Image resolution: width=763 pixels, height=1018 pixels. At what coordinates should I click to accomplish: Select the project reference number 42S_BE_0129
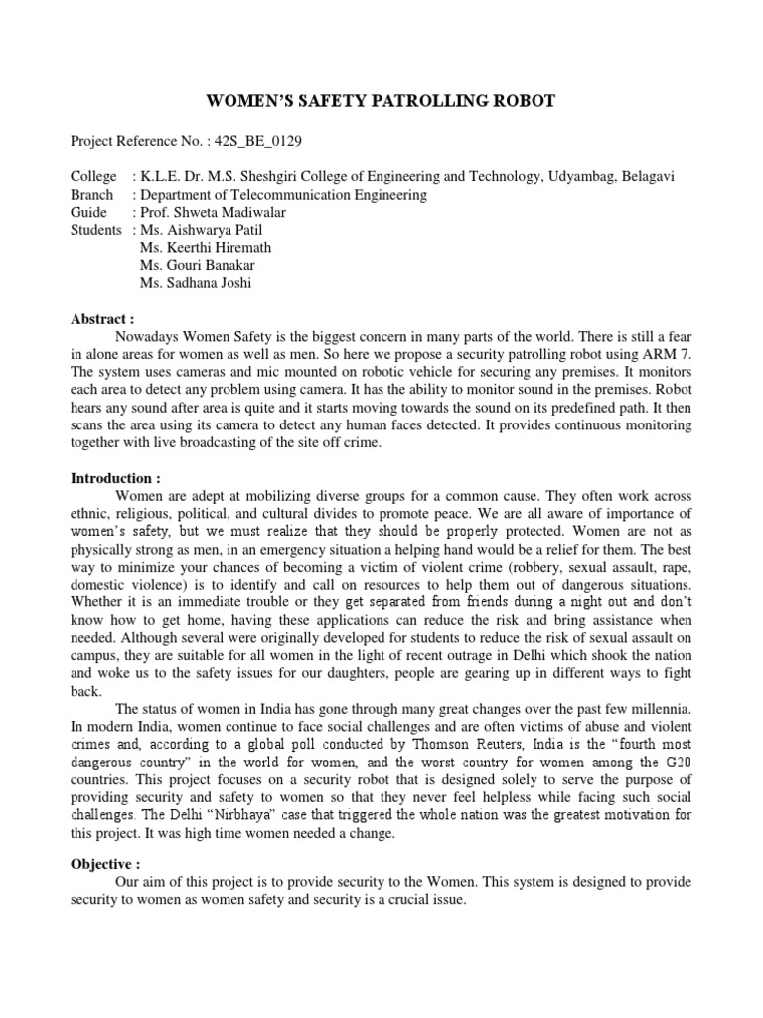[x=238, y=142]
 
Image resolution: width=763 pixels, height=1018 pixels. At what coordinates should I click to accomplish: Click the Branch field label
[x=92, y=195]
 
